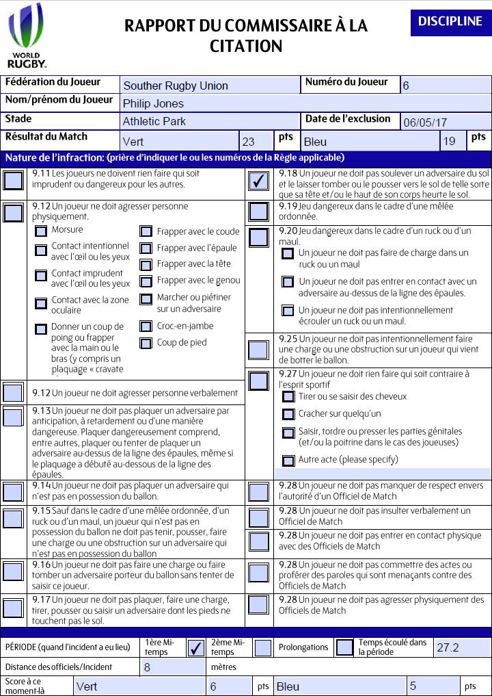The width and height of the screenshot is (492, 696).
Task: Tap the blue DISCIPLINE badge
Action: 450,22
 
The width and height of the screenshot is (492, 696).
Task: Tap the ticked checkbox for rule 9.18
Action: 258,181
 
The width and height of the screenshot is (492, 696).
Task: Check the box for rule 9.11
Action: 13,181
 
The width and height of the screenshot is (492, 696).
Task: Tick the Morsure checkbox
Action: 41,231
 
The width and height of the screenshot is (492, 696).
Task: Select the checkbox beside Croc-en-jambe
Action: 146,327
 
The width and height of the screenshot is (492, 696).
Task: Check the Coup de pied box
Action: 146,343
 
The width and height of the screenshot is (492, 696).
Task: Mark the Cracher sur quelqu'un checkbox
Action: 288,414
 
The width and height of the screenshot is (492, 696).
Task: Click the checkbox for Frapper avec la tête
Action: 146,264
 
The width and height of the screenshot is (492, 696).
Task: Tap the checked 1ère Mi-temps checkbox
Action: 195,647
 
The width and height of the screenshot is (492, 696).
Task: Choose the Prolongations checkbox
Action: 344,647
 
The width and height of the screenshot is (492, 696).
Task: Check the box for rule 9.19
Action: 258,211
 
